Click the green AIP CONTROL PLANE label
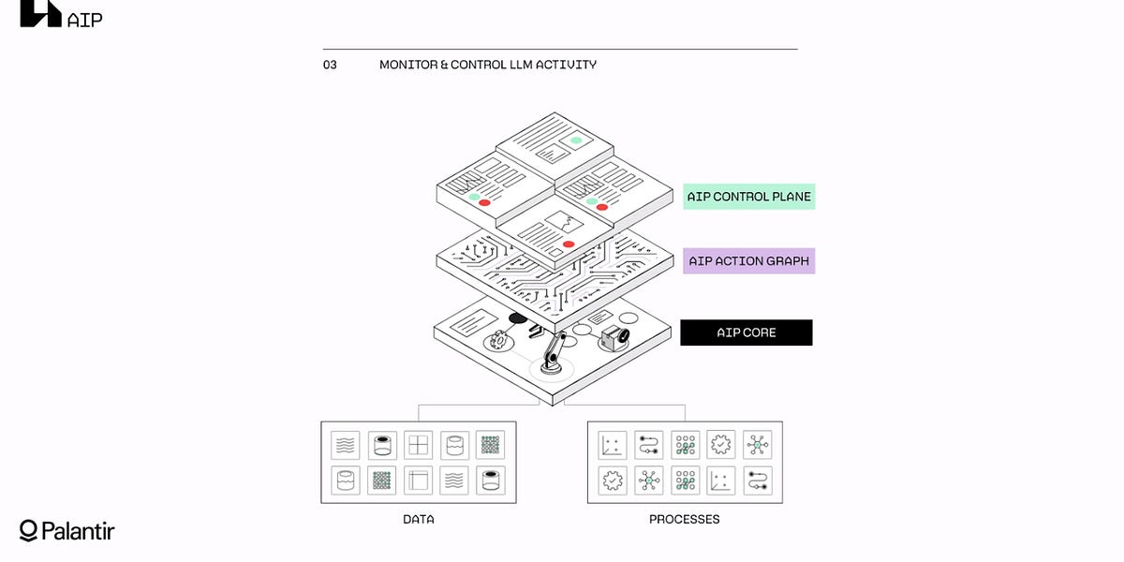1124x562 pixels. click(748, 197)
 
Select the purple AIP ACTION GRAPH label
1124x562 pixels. click(748, 261)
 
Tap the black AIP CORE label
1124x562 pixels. click(746, 333)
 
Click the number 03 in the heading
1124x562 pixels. click(330, 66)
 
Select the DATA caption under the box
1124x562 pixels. click(419, 519)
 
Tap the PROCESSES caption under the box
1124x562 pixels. click(685, 519)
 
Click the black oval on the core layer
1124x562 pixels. click(518, 318)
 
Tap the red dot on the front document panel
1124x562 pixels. click(569, 244)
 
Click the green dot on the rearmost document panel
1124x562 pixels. click(576, 140)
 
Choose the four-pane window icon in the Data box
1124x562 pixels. click(418, 444)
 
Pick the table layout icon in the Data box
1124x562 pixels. click(418, 481)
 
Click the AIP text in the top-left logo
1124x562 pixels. click(85, 19)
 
